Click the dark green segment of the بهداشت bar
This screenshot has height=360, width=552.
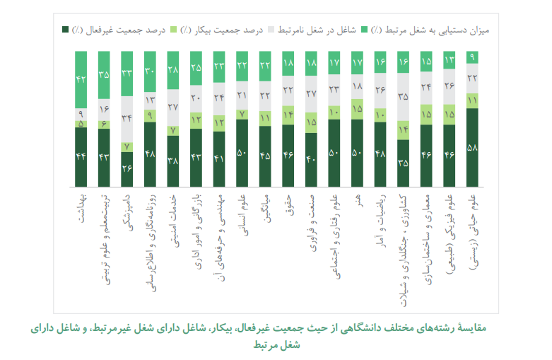pyautogui.click(x=81, y=156)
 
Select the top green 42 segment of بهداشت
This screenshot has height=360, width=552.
pyautogui.click(x=81, y=79)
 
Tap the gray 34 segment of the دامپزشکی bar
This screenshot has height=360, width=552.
pyautogui.click(x=127, y=118)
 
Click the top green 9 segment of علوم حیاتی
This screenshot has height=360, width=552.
pyautogui.click(x=471, y=57)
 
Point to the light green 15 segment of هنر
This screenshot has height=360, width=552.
pyautogui.click(x=357, y=108)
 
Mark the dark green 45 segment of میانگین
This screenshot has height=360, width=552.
pyautogui.click(x=265, y=155)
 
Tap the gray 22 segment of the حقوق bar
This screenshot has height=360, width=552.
pyautogui.click(x=288, y=91)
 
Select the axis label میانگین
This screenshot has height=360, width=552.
pyautogui.click(x=265, y=208)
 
